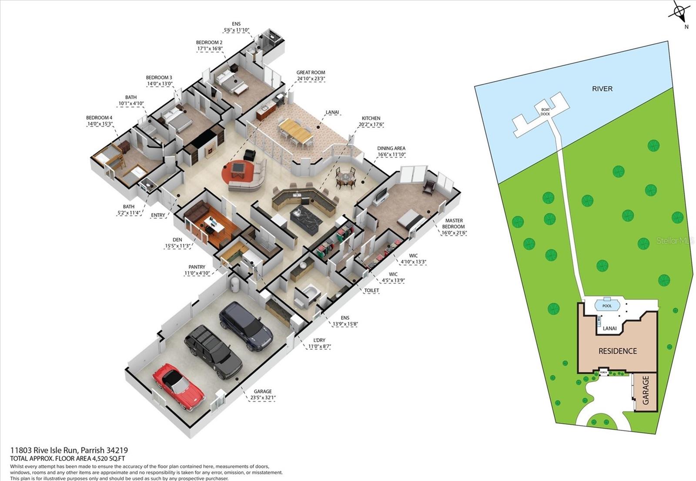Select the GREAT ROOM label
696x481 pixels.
pos(311,73)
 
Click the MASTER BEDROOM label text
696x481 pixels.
pos(453,223)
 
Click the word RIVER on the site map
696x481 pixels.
pos(602,89)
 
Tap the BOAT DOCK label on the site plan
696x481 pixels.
pos(545,112)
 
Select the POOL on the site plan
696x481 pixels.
pos(607,306)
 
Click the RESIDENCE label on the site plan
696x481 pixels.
pos(617,351)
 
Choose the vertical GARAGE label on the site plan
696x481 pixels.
pos(646,390)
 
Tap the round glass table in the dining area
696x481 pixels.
pos(346,177)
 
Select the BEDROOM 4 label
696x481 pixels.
pos(99,118)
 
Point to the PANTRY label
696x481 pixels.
pos(197,267)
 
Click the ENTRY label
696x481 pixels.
pos(158,215)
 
